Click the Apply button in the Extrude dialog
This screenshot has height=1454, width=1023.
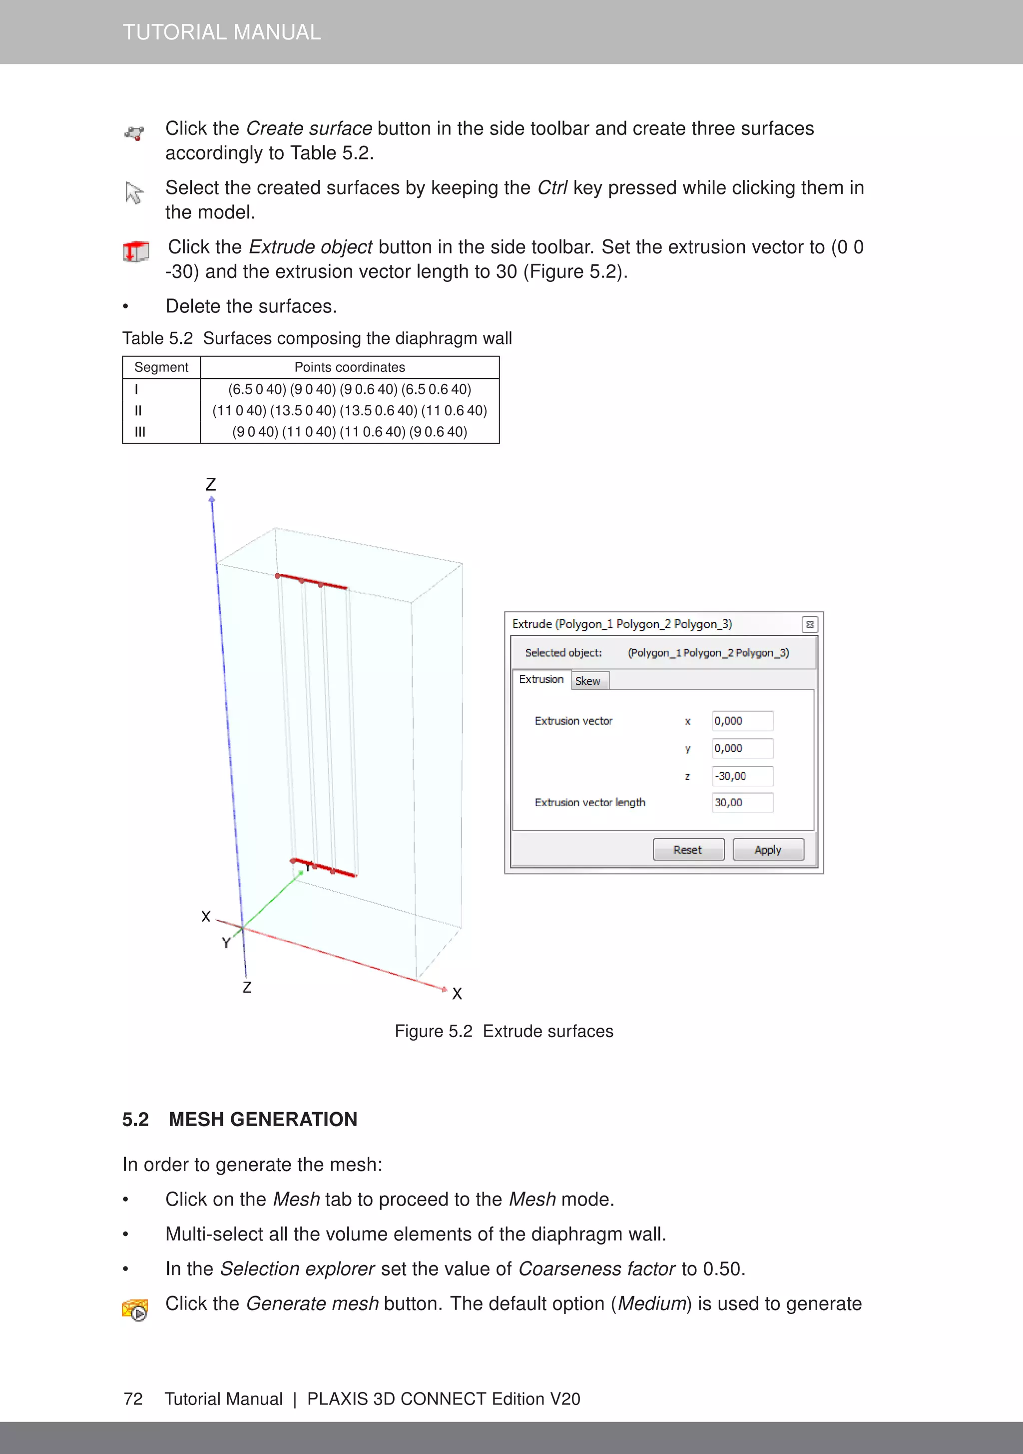tap(768, 850)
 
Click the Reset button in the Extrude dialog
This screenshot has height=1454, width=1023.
tap(688, 850)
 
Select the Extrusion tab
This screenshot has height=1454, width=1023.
tap(541, 679)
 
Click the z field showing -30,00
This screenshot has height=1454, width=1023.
tap(742, 776)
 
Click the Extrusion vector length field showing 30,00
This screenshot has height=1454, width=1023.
tap(742, 802)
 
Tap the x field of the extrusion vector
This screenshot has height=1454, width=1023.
tap(742, 721)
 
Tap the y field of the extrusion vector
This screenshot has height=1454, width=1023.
tap(742, 749)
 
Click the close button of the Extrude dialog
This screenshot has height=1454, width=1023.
tap(810, 624)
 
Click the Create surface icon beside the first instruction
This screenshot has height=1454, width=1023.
tap(134, 133)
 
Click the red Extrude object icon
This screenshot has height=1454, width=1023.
tap(135, 251)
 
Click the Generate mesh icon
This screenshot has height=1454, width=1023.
tap(135, 1309)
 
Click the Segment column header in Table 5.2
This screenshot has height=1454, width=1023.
tap(161, 367)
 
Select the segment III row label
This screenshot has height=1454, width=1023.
tap(140, 432)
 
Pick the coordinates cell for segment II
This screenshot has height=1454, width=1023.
tap(350, 410)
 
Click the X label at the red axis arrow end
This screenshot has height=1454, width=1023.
tap(457, 994)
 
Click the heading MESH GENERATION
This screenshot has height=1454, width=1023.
tap(263, 1119)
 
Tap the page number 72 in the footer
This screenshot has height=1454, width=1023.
tap(133, 1399)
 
